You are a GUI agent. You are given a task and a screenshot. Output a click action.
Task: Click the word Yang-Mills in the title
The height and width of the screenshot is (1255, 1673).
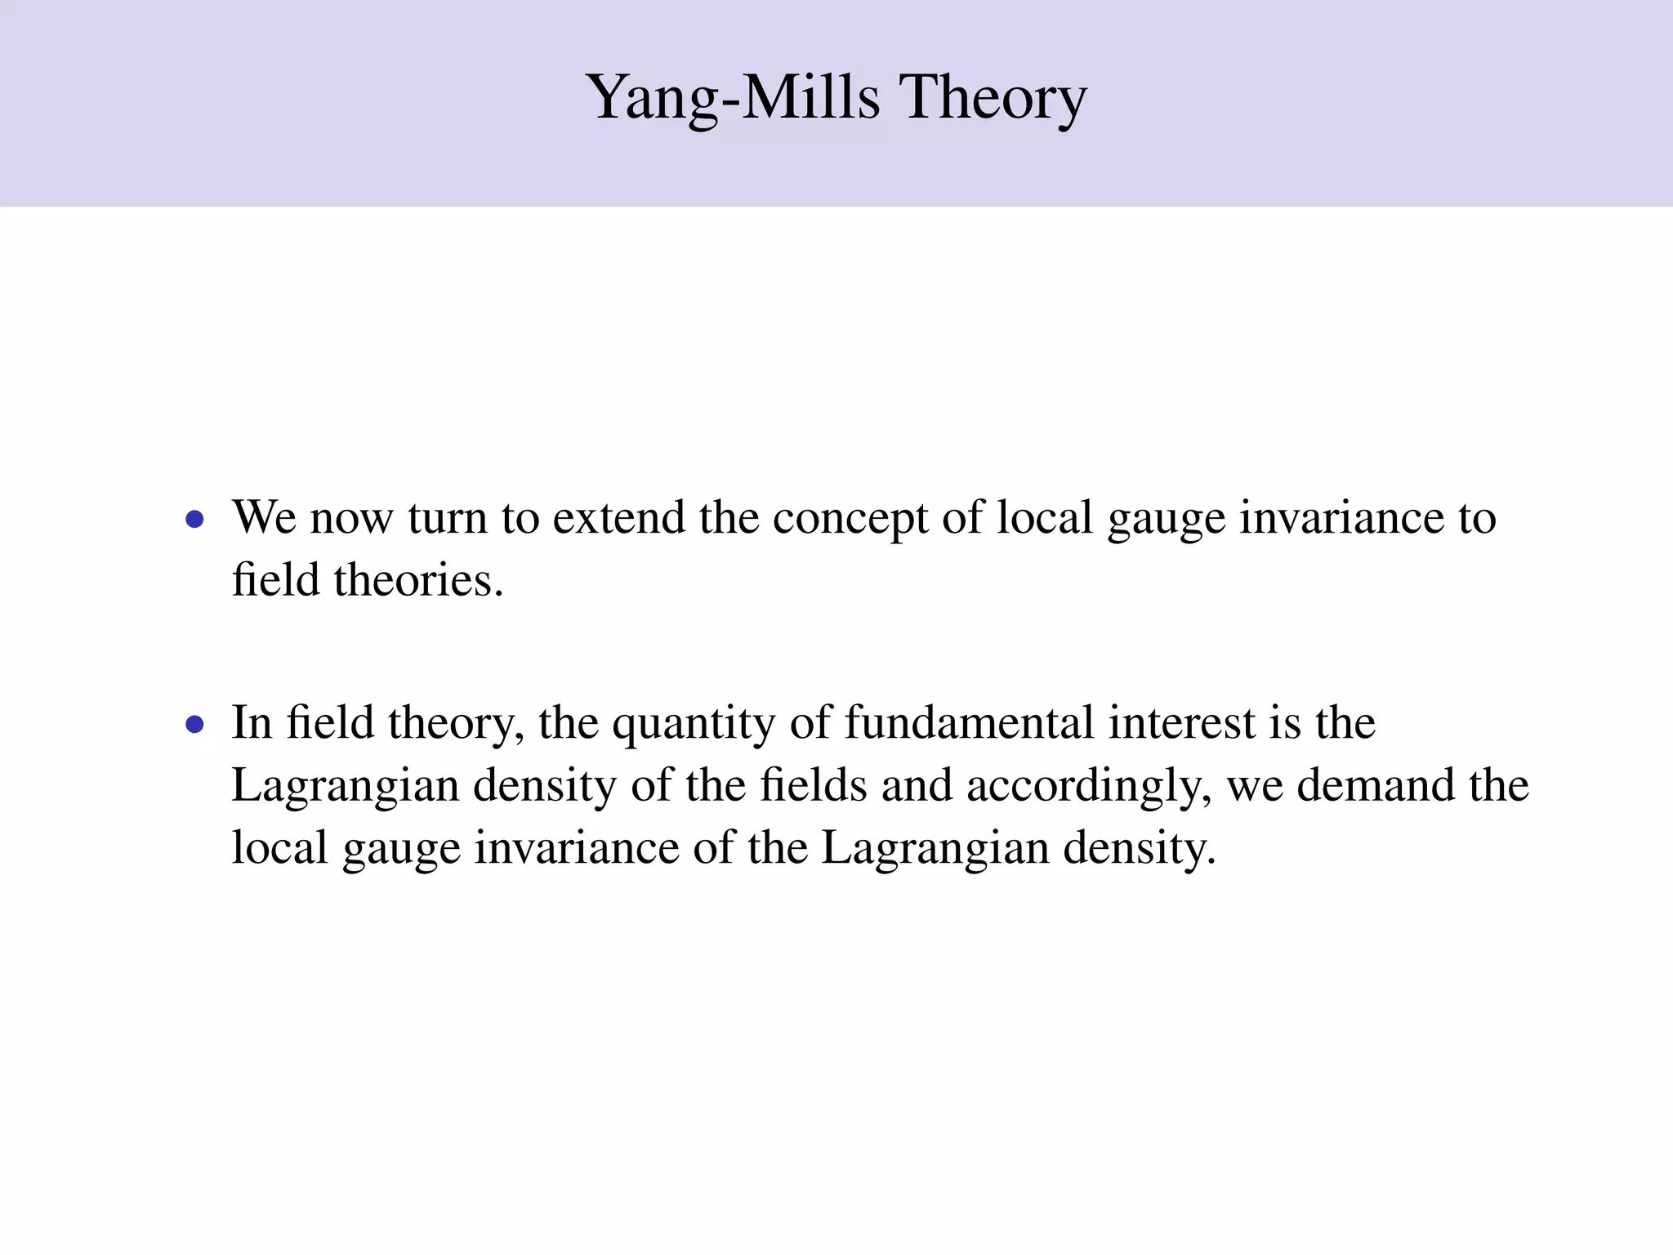(x=733, y=98)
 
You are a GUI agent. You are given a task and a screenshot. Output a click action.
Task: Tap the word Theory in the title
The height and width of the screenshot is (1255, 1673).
(x=993, y=98)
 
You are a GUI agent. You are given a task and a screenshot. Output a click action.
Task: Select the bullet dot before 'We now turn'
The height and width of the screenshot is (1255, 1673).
(x=194, y=519)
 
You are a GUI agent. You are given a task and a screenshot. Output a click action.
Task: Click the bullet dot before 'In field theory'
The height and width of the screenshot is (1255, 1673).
(x=194, y=724)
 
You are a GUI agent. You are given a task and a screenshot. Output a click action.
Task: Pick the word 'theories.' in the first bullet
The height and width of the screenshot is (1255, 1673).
(x=418, y=581)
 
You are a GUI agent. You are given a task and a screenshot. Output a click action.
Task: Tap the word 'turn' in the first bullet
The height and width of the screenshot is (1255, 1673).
(x=447, y=518)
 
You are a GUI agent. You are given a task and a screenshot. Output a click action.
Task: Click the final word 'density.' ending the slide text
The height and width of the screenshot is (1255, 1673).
(x=1140, y=849)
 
